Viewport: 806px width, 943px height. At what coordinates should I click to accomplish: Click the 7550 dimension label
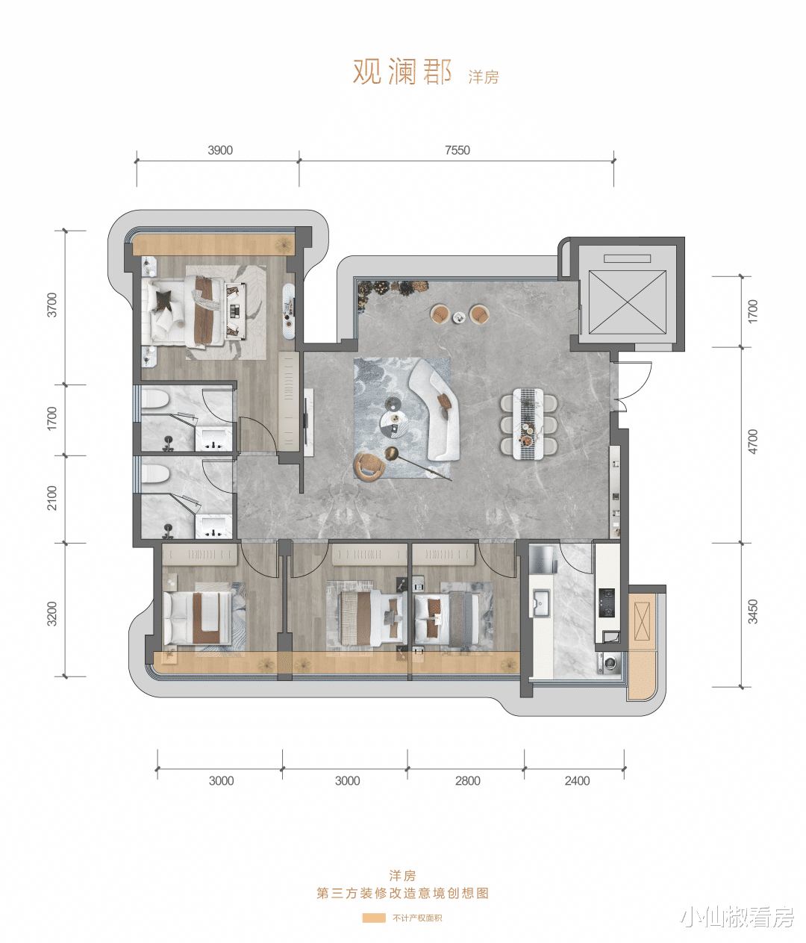click(457, 150)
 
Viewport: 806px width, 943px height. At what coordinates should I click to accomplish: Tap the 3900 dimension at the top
click(220, 150)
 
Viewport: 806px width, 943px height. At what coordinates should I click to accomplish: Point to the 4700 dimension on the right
click(752, 441)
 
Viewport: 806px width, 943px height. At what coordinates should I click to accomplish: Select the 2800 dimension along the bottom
click(467, 780)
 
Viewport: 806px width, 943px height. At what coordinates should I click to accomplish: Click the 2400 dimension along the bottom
click(577, 780)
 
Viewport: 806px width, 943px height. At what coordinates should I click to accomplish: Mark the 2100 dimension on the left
click(52, 498)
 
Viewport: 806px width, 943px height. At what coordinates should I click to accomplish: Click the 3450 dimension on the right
click(752, 611)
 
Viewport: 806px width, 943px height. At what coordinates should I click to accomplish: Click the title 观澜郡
click(402, 72)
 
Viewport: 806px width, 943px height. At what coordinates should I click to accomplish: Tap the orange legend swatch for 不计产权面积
click(374, 918)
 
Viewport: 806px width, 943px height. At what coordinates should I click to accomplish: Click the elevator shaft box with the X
click(627, 302)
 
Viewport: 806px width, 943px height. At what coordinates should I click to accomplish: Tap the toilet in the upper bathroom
click(154, 399)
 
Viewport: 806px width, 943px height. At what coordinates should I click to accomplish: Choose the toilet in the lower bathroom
click(155, 473)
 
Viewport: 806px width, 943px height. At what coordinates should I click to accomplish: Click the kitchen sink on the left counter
click(541, 603)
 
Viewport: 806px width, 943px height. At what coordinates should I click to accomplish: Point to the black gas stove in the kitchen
click(607, 603)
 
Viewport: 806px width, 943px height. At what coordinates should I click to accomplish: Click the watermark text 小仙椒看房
click(737, 917)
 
